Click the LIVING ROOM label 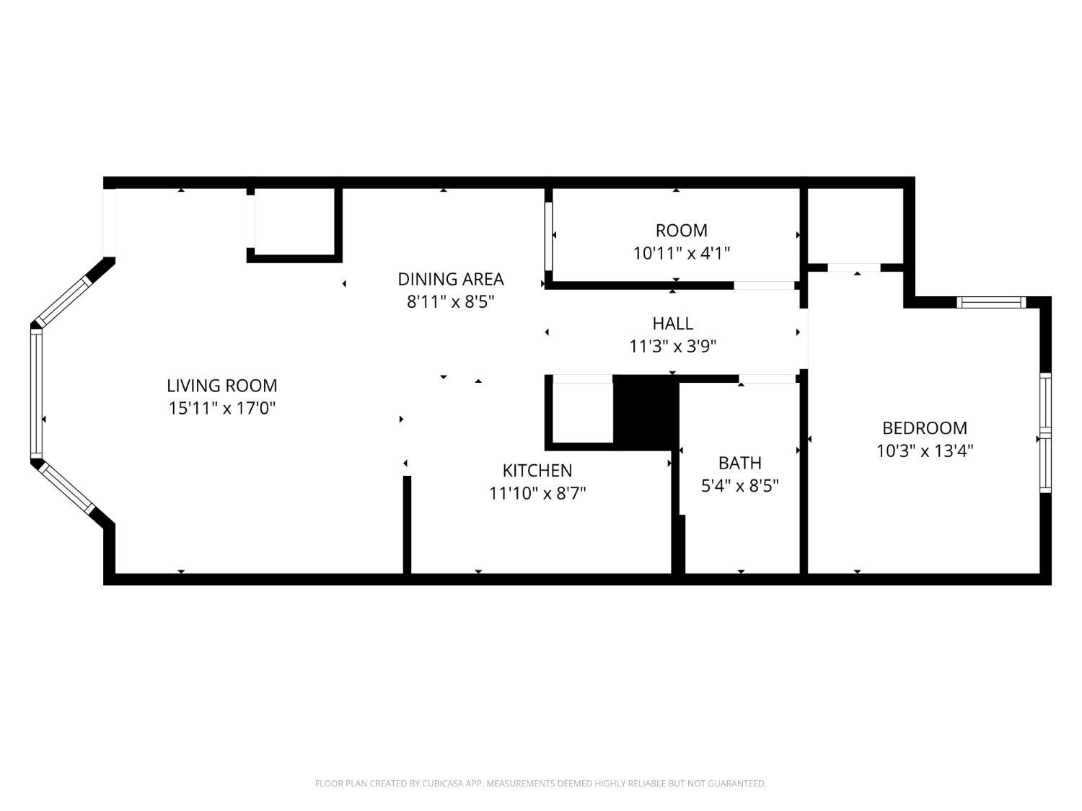click(222, 385)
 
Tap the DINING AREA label click(451, 279)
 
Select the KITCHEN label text click(537, 470)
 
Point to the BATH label click(740, 463)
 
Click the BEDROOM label click(925, 428)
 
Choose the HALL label click(673, 324)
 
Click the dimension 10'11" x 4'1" click(681, 253)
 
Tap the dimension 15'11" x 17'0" click(222, 408)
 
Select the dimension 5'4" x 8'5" click(740, 486)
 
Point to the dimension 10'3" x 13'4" click(925, 451)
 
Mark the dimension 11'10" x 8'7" click(537, 493)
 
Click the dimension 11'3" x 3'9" click(673, 346)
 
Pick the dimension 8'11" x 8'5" click(451, 301)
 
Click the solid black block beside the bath click(646, 412)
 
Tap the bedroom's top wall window click(991, 302)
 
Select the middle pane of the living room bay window click(37, 394)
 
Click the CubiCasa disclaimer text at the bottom click(541, 783)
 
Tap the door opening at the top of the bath click(767, 378)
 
